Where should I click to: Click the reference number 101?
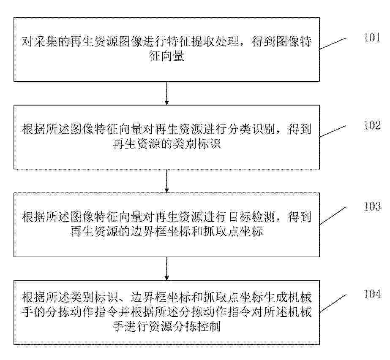pos(372,38)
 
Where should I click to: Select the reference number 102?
pos(372,125)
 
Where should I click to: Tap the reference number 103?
pos(372,206)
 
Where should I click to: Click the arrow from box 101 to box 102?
pos(166,93)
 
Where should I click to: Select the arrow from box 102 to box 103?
pos(166,181)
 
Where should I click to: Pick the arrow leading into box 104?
pos(166,268)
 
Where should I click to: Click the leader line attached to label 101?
pos(333,43)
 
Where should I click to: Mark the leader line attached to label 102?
pos(333,131)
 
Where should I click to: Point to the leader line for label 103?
pos(333,216)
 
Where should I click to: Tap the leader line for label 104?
pos(333,303)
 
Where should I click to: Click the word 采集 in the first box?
pos(46,41)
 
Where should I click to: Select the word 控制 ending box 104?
pos(209,326)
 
